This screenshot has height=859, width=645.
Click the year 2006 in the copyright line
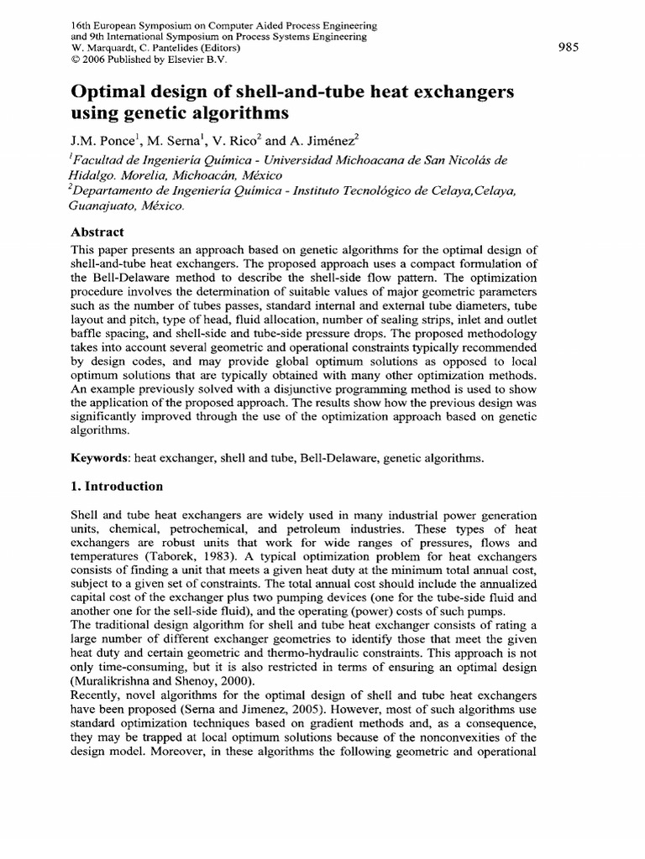(x=92, y=60)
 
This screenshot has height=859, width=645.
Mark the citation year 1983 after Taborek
(x=228, y=554)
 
